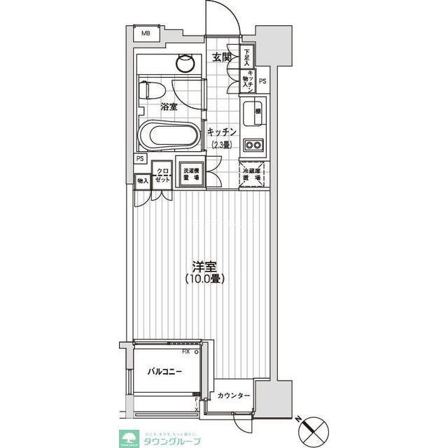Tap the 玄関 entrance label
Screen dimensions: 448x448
coord(223,58)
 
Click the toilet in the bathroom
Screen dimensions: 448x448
coord(152,90)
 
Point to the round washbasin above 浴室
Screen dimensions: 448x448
coord(185,62)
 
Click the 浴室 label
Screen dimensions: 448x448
coord(168,107)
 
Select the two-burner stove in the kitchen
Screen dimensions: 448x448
coord(252,146)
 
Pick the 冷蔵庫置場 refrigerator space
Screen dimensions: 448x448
coord(251,175)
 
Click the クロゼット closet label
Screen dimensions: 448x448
coord(162,175)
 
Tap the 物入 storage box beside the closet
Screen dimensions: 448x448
coord(143,181)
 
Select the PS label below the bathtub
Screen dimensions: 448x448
coord(141,158)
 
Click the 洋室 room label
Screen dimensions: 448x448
coord(204,266)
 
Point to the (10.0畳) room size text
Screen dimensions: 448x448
coord(204,279)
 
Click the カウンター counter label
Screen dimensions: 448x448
coord(233,396)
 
